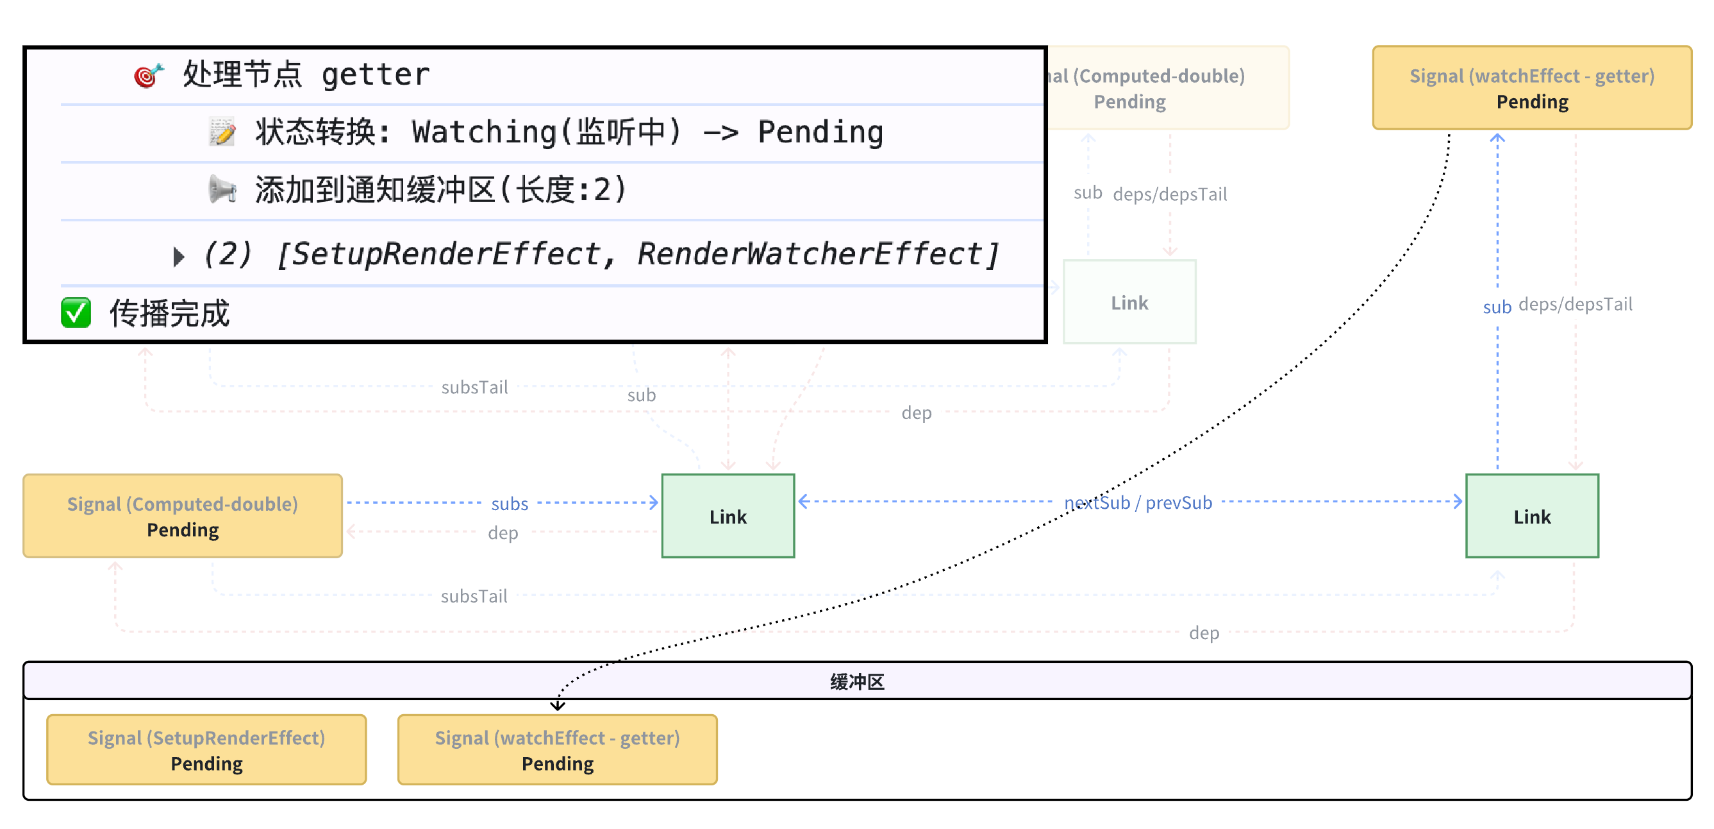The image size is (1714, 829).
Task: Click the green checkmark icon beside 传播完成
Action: coord(76,312)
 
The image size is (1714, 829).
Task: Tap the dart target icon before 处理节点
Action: coord(148,74)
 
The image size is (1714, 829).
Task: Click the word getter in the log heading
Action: coord(375,74)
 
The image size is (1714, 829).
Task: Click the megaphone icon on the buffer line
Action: coord(222,190)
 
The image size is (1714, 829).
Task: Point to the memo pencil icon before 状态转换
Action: coord(222,132)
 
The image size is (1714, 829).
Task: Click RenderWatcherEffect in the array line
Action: coord(818,254)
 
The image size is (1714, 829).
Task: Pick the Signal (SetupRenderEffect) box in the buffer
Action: coord(206,750)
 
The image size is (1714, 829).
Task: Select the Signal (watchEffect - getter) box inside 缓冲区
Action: coord(557,750)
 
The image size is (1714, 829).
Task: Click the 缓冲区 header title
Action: coord(857,681)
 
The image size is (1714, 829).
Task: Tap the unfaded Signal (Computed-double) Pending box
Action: coord(182,516)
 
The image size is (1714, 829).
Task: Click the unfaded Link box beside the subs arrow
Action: coord(728,516)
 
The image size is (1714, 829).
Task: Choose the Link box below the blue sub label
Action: coord(1532,516)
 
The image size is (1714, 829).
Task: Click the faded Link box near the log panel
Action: coord(1129,302)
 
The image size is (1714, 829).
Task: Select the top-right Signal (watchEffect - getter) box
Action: coord(1532,88)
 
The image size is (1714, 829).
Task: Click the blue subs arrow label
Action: coord(510,504)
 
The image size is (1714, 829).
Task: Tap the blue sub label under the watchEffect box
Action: coord(1497,307)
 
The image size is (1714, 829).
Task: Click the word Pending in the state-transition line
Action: coord(820,132)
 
